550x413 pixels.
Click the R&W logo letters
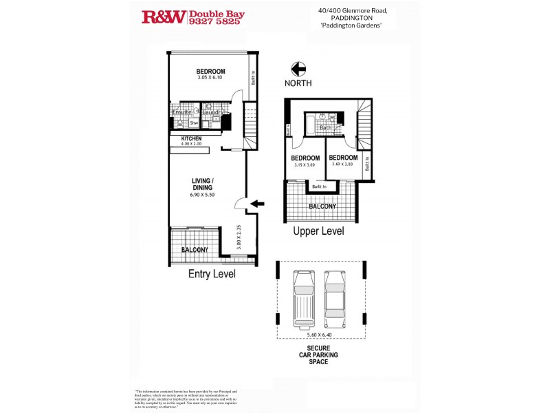click(164, 17)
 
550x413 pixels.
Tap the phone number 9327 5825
click(214, 22)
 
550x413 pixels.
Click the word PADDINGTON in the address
click(362, 19)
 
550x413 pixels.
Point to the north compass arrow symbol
click(298, 69)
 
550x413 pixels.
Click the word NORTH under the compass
click(298, 83)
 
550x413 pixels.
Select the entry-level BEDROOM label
click(210, 72)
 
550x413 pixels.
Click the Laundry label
click(214, 112)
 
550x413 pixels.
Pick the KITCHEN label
click(191, 138)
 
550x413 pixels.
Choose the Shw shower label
click(194, 124)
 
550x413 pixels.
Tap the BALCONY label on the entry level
click(195, 250)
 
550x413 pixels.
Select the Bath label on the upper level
click(326, 127)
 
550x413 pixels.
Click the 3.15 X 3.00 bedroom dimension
click(304, 165)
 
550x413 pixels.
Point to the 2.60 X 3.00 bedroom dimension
click(342, 165)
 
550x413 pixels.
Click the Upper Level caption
click(318, 231)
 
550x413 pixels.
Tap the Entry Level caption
click(212, 274)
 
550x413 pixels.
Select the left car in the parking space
click(303, 299)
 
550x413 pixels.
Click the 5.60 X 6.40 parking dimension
click(320, 335)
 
